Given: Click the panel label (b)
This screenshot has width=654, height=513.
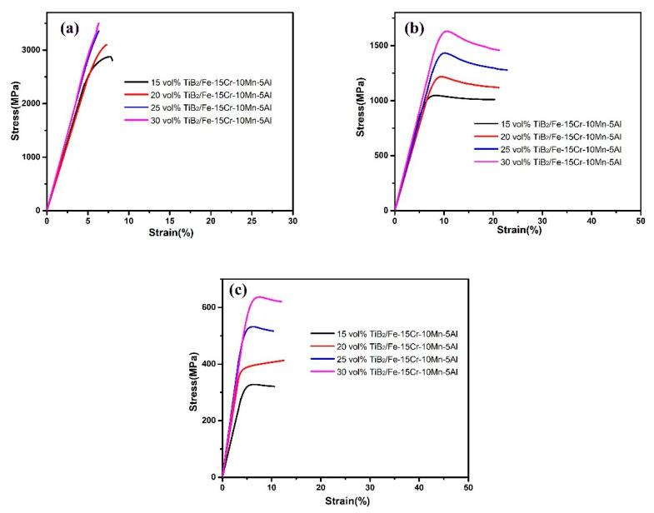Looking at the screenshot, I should point(415,27).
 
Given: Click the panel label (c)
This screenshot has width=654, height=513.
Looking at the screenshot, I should point(242,291).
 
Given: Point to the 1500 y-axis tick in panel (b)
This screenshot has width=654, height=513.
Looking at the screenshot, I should point(377,45).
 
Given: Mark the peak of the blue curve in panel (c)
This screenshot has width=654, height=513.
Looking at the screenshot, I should point(252,326).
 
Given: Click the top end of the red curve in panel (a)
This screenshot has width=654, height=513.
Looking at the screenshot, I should point(106,44).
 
